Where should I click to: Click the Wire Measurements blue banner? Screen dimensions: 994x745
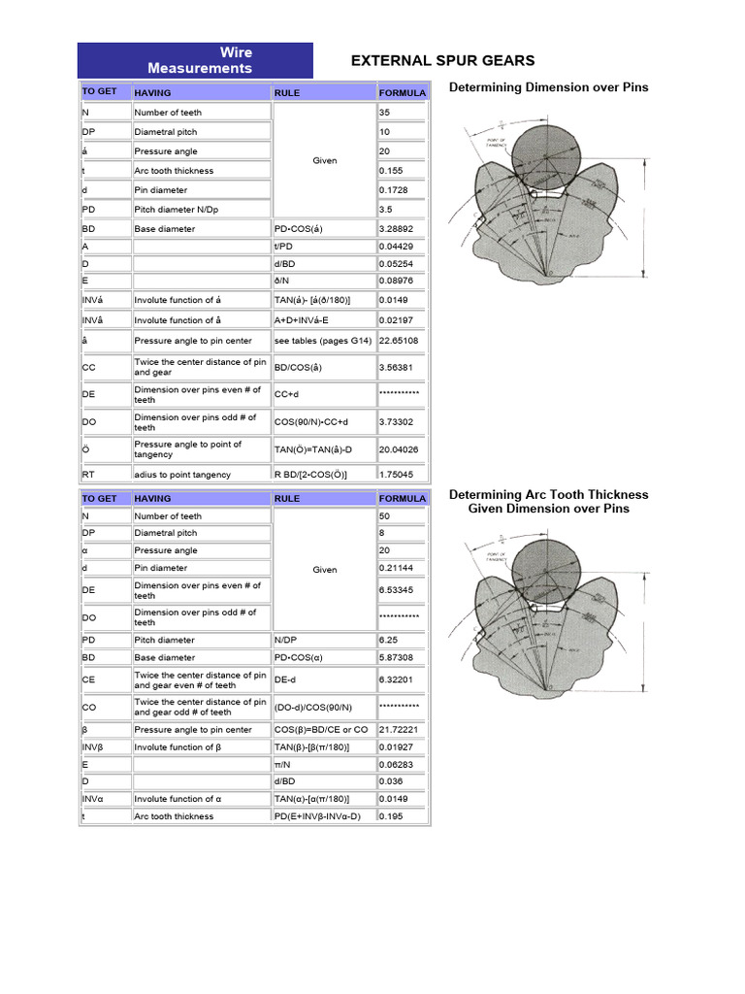tap(195, 60)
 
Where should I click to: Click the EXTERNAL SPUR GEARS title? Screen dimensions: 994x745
tap(442, 60)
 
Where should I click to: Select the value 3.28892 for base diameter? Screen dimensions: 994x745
tap(398, 229)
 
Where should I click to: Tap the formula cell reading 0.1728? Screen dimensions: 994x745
tap(393, 190)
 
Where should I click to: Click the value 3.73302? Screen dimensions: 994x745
tap(398, 422)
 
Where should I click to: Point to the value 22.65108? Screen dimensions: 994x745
tap(399, 341)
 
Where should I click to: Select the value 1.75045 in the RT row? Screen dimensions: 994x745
tap(398, 475)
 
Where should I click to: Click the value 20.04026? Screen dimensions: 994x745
tap(399, 449)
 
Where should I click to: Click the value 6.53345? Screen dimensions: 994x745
tap(398, 590)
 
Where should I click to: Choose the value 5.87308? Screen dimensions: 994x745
tap(398, 657)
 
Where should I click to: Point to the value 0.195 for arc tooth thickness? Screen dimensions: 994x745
tap(391, 816)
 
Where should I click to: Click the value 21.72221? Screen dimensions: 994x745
tap(399, 730)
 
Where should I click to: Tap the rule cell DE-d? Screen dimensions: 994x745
tap(288, 680)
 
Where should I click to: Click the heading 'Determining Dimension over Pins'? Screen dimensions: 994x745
tap(548, 87)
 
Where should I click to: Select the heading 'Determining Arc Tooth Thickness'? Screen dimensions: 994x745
tap(548, 495)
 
